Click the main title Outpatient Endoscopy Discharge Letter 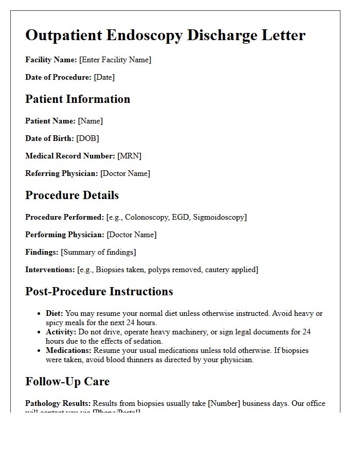[165, 35]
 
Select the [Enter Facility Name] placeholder [115, 60]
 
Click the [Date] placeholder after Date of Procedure [104, 77]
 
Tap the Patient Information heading [78, 99]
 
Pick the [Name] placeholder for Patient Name [91, 121]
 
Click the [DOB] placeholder [87, 138]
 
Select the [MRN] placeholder [129, 156]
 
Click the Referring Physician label [61, 173]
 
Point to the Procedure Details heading [72, 195]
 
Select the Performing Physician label [65, 235]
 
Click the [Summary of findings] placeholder [98, 252]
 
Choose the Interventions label [50, 270]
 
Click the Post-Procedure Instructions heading [99, 291]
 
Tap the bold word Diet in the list [54, 313]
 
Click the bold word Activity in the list [61, 332]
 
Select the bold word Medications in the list [68, 350]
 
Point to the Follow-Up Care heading [67, 381]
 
